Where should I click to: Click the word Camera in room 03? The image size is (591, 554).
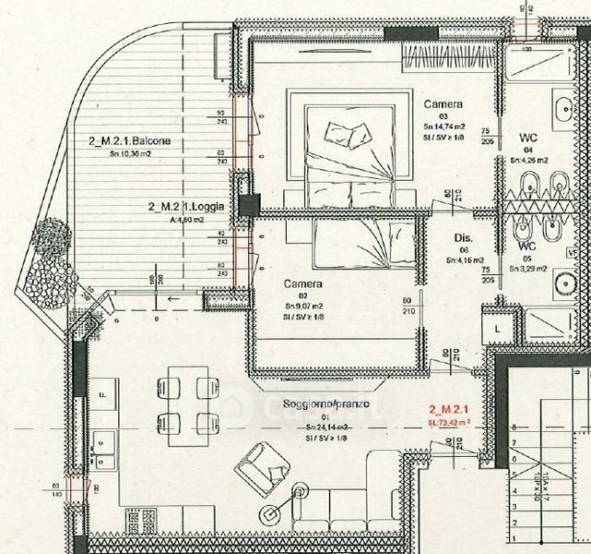[x=443, y=104]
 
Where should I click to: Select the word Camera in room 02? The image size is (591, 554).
[x=302, y=283]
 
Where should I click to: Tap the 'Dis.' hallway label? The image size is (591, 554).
[x=464, y=237]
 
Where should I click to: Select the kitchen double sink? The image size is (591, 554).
[x=104, y=451]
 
